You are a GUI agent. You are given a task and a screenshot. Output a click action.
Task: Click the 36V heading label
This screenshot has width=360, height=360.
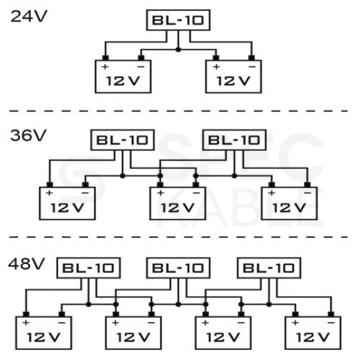(x=29, y=135)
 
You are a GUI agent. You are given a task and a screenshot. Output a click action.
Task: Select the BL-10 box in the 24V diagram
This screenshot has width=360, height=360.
(x=177, y=21)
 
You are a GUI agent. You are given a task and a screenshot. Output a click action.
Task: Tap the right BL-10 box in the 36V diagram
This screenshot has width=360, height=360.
(x=233, y=141)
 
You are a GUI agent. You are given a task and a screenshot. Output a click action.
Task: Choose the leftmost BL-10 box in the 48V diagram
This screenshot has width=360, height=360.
(x=89, y=269)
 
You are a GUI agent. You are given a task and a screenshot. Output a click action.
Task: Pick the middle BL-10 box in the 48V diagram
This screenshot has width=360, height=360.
(x=178, y=269)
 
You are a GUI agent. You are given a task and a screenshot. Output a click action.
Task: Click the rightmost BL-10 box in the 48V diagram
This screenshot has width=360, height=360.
(x=267, y=269)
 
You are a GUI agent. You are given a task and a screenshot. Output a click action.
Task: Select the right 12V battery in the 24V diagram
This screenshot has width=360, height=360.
(x=233, y=76)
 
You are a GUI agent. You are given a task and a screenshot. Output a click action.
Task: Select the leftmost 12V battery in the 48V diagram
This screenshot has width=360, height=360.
(x=43, y=331)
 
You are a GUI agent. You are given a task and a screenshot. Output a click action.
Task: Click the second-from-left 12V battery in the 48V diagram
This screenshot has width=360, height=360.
(x=133, y=331)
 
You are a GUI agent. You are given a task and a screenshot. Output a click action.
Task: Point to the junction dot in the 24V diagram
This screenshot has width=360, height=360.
(x=177, y=50)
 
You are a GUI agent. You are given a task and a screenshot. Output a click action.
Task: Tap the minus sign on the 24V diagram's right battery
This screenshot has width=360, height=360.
(x=251, y=67)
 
